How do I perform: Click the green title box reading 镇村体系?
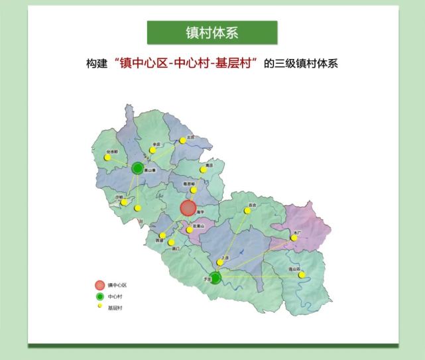pyautogui.click(x=212, y=32)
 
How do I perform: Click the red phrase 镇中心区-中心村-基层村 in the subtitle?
pyautogui.click(x=186, y=64)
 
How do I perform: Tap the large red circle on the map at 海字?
pyautogui.click(x=189, y=208)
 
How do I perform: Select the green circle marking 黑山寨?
pyautogui.click(x=137, y=168)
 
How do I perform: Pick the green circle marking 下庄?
pyautogui.click(x=215, y=277)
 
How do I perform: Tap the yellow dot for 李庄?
pyautogui.click(x=152, y=150)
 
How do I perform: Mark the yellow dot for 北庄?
pyautogui.click(x=182, y=141)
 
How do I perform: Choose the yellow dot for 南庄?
pyautogui.click(x=204, y=170)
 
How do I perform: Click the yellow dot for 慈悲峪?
pyautogui.click(x=194, y=190)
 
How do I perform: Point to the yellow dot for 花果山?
pyautogui.click(x=190, y=230)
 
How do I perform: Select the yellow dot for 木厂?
pyautogui.click(x=294, y=237)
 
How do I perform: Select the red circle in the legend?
pyautogui.click(x=99, y=285)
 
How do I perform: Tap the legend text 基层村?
pyautogui.click(x=115, y=308)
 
